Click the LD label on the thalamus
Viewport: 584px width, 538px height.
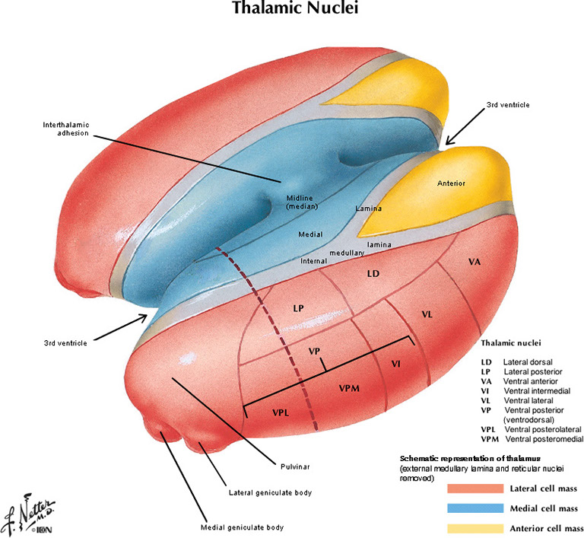tap(373, 272)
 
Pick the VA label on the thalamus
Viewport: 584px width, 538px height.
tap(474, 261)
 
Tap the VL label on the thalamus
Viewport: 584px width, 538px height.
tap(427, 314)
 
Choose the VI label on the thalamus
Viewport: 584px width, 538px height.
tap(395, 364)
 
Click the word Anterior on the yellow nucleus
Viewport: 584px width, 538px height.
tap(451, 183)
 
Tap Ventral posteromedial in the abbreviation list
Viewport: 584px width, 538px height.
tap(542, 439)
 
